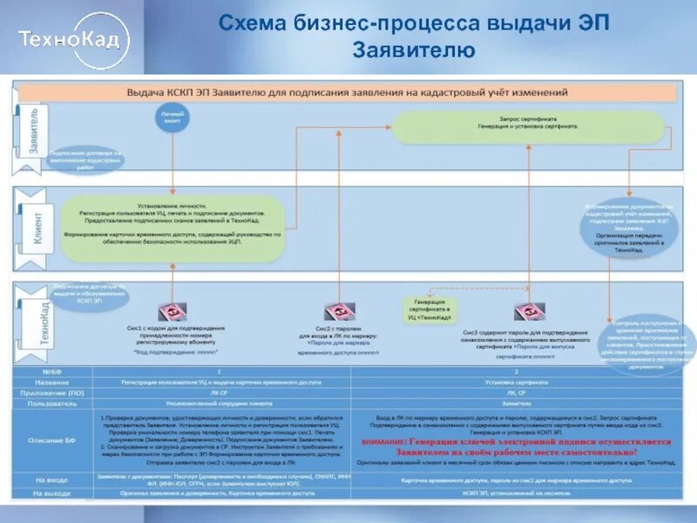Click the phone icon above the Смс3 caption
[526, 311]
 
